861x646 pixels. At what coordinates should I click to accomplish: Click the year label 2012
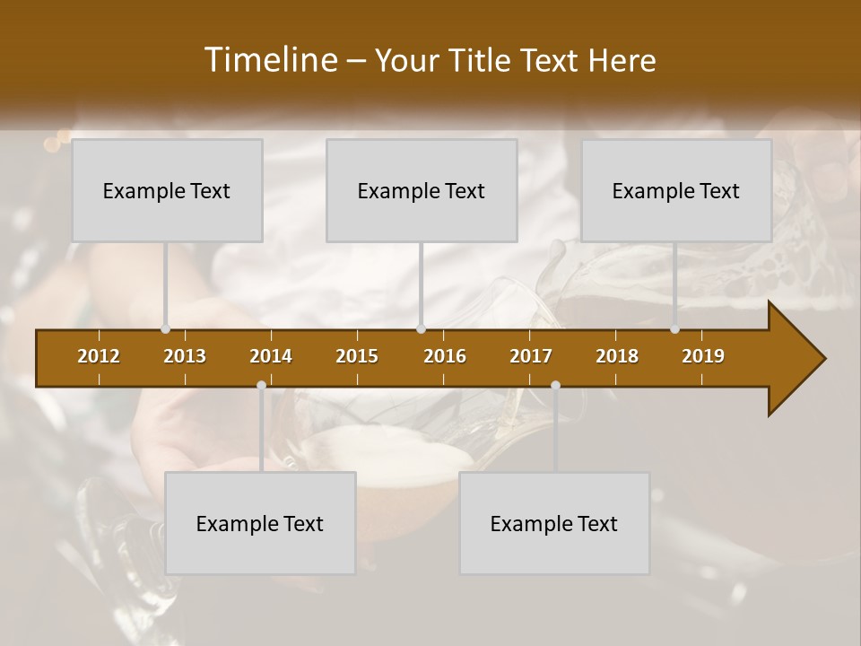click(99, 356)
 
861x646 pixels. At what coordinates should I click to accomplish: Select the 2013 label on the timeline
click(185, 356)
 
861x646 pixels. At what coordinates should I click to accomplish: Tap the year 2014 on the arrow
click(271, 356)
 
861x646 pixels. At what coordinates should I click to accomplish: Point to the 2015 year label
click(357, 356)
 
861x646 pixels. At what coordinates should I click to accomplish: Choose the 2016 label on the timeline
click(445, 356)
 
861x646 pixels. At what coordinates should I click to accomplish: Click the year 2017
click(531, 356)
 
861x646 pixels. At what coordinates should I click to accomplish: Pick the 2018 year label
click(617, 356)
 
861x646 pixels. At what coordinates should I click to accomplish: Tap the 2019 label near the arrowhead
click(703, 356)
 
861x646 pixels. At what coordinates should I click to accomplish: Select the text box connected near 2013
click(167, 190)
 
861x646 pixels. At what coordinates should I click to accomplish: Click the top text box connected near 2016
click(422, 190)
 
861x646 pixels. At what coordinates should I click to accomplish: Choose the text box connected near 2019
click(676, 190)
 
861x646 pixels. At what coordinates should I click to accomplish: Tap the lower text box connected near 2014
click(260, 523)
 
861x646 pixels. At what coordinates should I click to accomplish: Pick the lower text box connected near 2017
click(554, 523)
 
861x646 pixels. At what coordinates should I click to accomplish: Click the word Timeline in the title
click(272, 60)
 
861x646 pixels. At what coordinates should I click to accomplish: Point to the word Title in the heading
click(483, 61)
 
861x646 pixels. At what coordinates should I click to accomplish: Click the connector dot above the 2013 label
click(166, 329)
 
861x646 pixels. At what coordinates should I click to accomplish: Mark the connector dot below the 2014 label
click(261, 386)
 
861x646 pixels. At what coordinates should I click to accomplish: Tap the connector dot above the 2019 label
click(675, 329)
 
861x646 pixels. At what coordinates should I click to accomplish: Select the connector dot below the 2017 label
click(555, 386)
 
